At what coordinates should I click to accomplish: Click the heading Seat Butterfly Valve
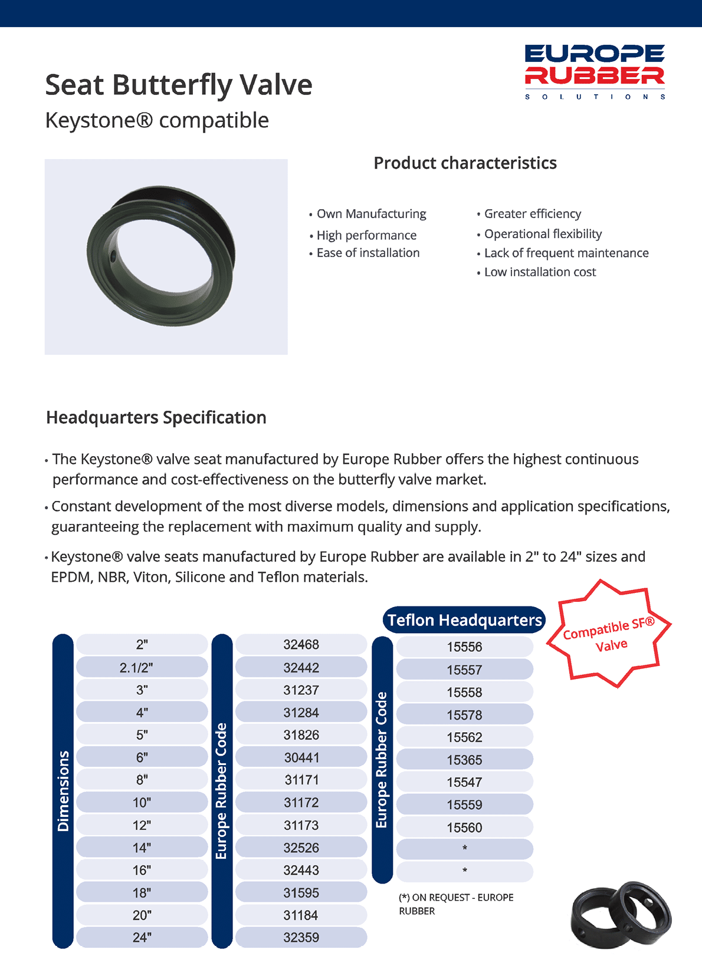point(179,85)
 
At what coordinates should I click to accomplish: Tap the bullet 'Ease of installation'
point(368,253)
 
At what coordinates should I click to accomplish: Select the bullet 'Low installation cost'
point(540,272)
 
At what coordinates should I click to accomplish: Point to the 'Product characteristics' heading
point(465,163)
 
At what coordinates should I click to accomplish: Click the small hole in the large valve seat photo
point(113,256)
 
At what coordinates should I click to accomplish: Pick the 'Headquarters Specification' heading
point(156,417)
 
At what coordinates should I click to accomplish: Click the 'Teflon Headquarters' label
point(464,620)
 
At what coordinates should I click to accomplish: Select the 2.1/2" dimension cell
point(142,667)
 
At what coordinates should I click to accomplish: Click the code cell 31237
point(301,690)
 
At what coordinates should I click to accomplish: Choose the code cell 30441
point(301,757)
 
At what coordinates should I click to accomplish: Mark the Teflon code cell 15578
point(464,715)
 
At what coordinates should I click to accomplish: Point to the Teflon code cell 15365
point(464,760)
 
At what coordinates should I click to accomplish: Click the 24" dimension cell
point(142,937)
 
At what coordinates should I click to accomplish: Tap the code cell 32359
point(301,937)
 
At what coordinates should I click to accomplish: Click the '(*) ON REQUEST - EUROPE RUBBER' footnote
point(456,904)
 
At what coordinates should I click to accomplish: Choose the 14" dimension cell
point(142,848)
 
